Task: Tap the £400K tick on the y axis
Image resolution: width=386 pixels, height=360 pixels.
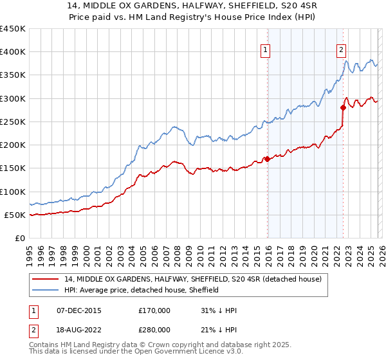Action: click(13, 52)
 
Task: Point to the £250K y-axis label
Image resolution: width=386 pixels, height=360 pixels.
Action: click(13, 122)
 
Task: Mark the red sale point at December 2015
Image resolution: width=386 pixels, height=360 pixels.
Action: click(267, 159)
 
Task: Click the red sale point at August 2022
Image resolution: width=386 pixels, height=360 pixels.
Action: click(343, 107)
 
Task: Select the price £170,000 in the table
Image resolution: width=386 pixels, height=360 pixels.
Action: click(154, 310)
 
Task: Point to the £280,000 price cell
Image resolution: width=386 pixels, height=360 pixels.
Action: click(154, 330)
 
